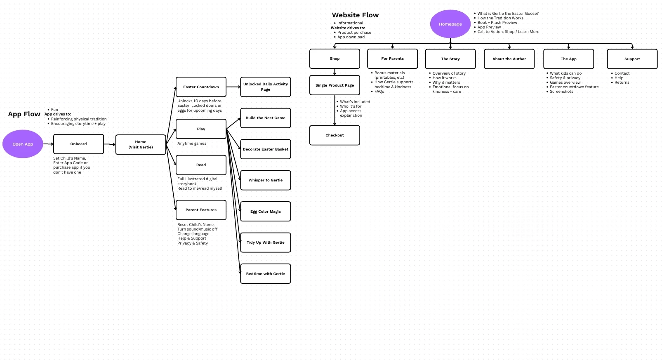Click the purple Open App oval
(23, 144)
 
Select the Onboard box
(78, 144)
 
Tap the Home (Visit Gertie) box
(141, 144)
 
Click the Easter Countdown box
(201, 87)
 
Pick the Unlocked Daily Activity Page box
(265, 87)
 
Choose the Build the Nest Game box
(265, 118)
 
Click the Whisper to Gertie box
(265, 180)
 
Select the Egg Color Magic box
(265, 212)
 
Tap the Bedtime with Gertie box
(265, 274)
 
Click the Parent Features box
(201, 210)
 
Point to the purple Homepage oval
(450, 24)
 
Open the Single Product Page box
(335, 85)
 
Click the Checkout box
(335, 135)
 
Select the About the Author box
(509, 59)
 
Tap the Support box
(632, 59)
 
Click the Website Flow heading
(355, 15)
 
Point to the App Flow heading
(24, 114)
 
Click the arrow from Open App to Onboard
(48, 144)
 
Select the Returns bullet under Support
(622, 82)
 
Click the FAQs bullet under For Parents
(379, 92)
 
